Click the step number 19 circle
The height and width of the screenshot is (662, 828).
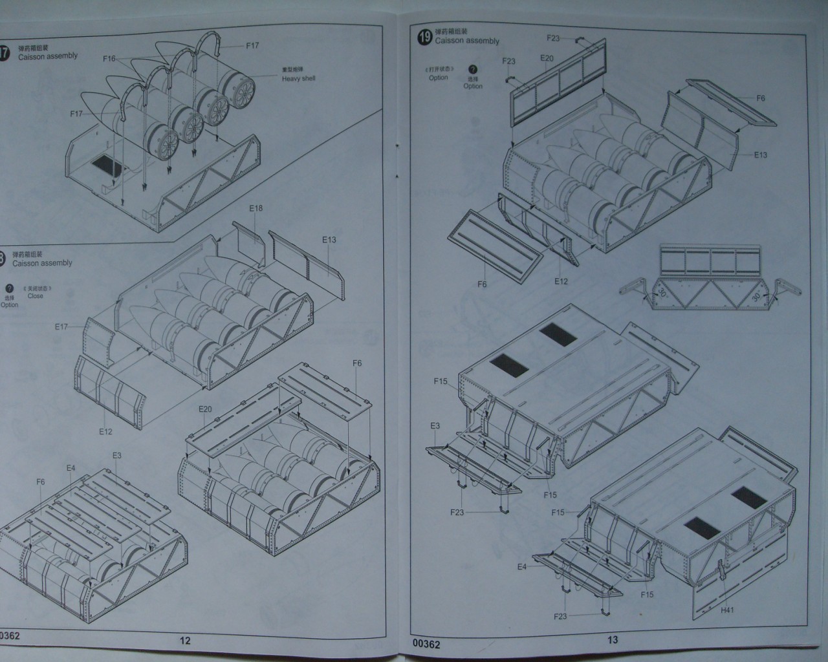click(425, 37)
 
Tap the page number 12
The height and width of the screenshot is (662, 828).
click(185, 641)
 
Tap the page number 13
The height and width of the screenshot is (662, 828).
click(613, 639)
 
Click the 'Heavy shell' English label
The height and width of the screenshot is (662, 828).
click(298, 79)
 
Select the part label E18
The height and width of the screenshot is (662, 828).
click(256, 209)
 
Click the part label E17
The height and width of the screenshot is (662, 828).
click(61, 327)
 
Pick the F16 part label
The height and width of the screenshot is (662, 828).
click(109, 59)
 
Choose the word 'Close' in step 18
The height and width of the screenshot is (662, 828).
click(36, 296)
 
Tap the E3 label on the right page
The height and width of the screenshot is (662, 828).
click(435, 426)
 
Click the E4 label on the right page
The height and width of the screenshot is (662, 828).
click(522, 567)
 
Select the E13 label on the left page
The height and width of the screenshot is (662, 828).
click(329, 240)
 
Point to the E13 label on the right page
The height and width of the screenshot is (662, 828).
click(760, 155)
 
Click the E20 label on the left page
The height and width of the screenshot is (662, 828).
click(205, 409)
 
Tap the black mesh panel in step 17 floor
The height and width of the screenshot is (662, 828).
click(106, 167)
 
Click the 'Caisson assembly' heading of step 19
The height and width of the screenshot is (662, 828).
click(467, 41)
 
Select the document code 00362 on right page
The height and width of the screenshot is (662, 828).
click(426, 645)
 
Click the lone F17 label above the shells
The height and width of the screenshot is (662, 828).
click(252, 46)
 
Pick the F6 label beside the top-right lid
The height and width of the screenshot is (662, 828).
click(761, 98)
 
